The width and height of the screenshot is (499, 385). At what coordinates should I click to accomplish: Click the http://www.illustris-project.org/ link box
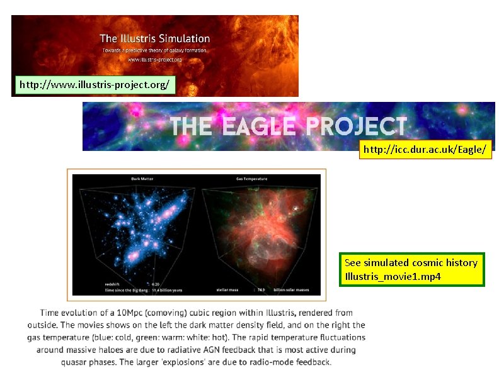pos(94,84)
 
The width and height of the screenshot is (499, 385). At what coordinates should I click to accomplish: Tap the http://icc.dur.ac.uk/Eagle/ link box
pos(425,150)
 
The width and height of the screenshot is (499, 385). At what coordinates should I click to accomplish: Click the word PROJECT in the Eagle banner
pos(356,126)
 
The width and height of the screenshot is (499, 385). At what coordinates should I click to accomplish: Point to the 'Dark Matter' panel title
pos(142,179)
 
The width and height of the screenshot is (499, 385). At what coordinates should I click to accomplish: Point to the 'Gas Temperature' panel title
pos(252,179)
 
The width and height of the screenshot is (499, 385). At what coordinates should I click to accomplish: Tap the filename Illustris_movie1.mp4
pos(393,277)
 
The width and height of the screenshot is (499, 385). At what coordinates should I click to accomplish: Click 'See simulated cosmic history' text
pos(411,263)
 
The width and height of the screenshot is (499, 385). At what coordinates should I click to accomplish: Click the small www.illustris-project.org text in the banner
pos(154,60)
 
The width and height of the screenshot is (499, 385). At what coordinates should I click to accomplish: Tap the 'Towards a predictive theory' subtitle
pos(154,50)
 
